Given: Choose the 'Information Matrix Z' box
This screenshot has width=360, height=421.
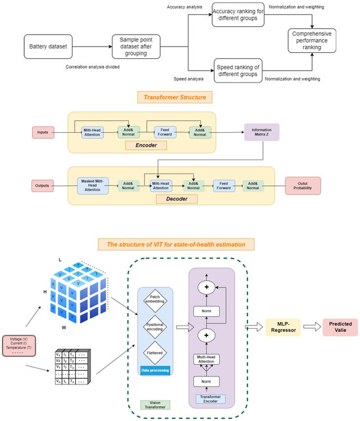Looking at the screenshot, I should point(261,133).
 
